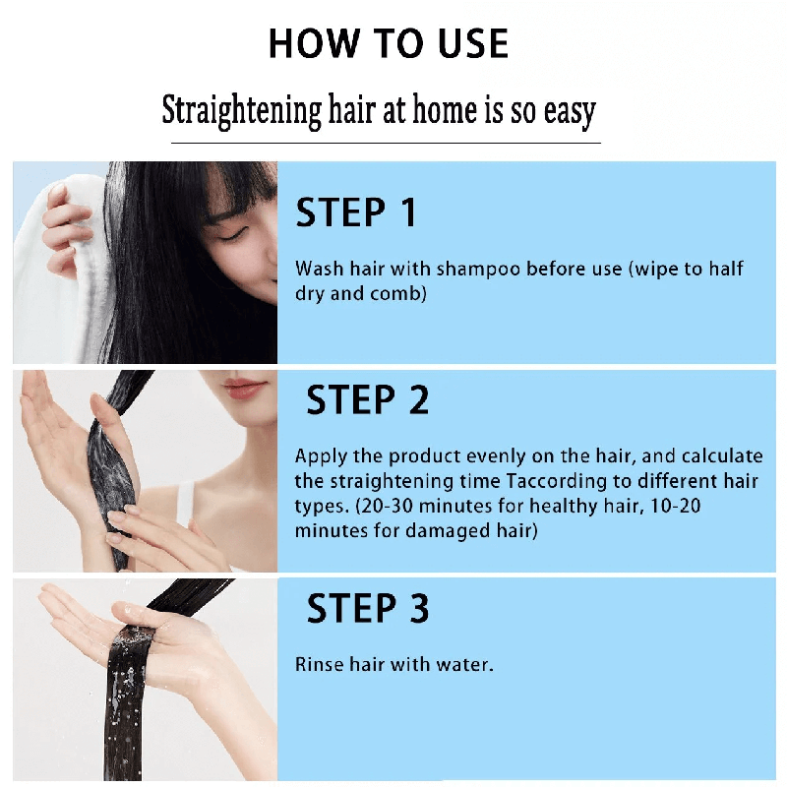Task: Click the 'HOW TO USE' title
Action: click(x=389, y=43)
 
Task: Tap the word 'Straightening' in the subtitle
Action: click(x=241, y=110)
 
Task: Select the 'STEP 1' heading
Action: click(x=356, y=213)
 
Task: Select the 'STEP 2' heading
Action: click(x=367, y=400)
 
